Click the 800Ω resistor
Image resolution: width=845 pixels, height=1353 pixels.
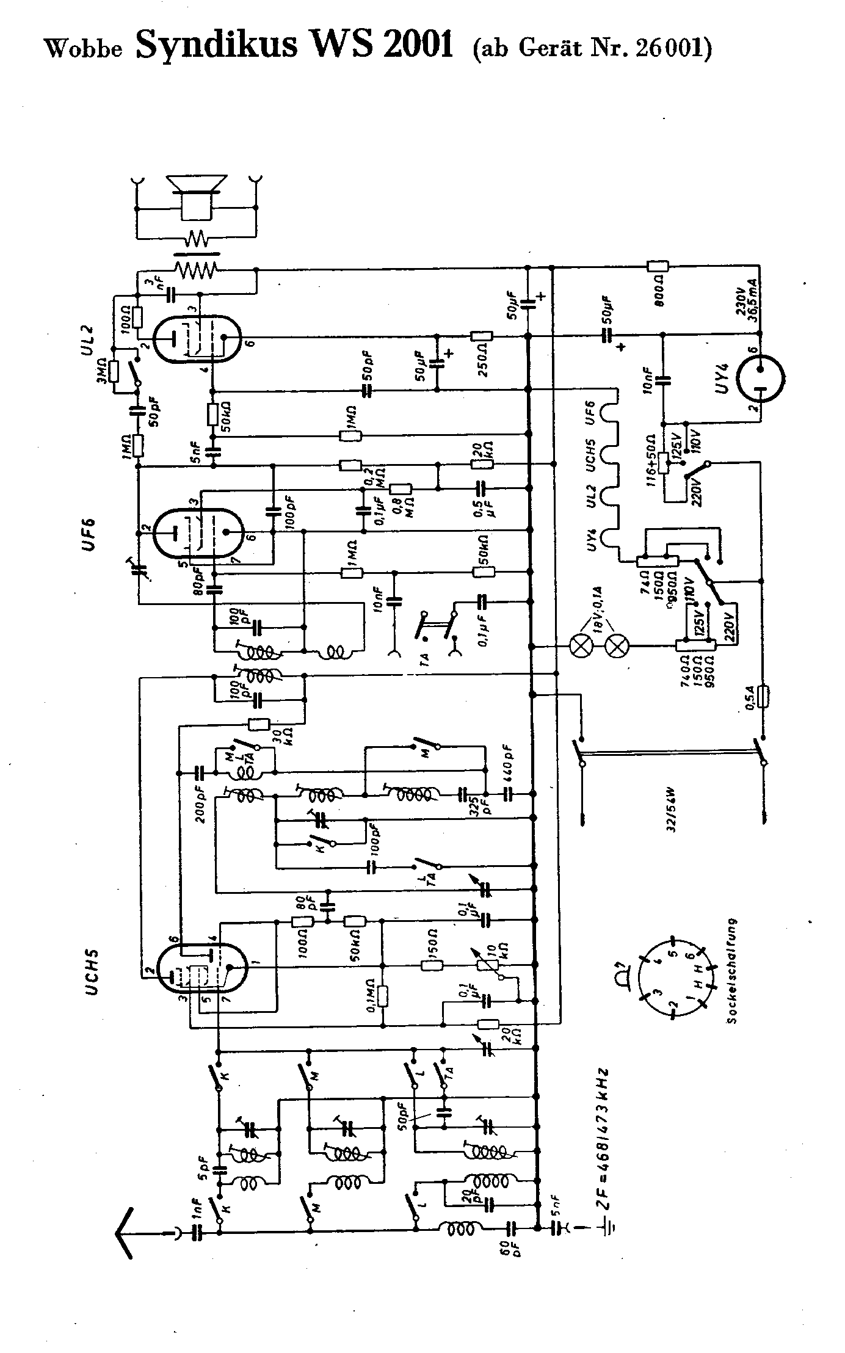pos(658,266)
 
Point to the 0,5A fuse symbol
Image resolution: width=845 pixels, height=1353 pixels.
pos(761,696)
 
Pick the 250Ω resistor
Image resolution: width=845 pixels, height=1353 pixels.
pos(481,336)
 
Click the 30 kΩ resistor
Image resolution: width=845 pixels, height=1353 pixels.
pos(259,725)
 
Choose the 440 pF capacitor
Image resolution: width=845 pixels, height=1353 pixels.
pos(507,794)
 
